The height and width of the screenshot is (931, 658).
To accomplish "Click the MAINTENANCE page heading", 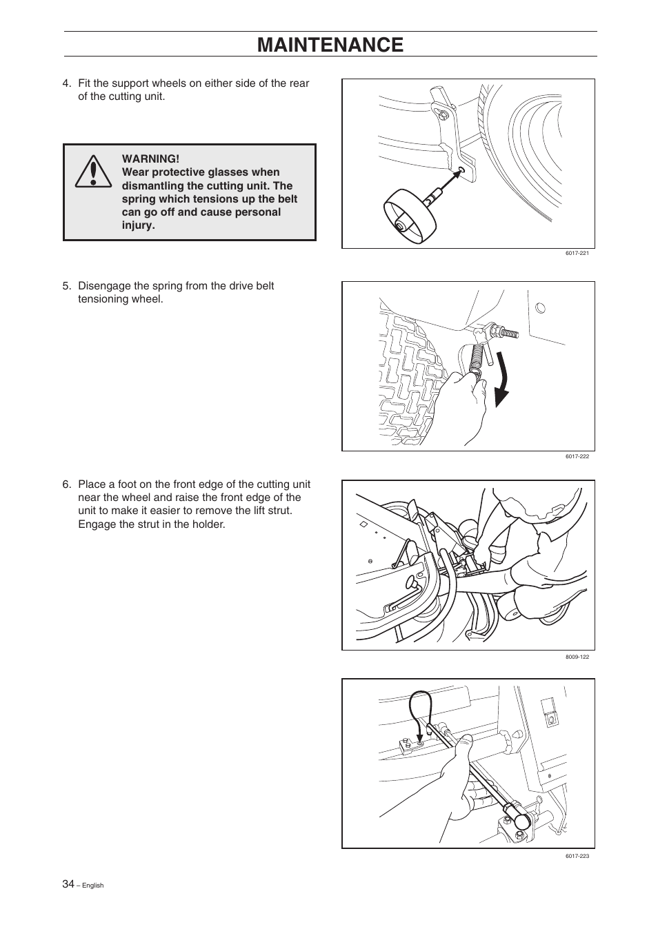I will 330,45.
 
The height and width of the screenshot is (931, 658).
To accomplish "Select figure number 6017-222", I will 577,456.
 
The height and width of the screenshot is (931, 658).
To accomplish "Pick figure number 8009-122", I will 577,657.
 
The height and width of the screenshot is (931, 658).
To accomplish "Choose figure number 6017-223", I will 577,856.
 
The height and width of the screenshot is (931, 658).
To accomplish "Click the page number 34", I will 68,884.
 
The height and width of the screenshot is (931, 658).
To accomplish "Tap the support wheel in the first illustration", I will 409,216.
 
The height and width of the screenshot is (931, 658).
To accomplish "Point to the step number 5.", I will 67,286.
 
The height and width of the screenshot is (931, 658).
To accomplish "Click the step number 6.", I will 67,484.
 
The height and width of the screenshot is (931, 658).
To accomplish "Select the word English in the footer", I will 92,886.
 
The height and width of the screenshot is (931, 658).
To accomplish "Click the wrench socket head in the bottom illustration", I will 521,819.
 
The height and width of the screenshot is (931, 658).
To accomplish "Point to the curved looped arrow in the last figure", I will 419,710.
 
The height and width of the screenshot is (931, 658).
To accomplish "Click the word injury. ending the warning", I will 139,225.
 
